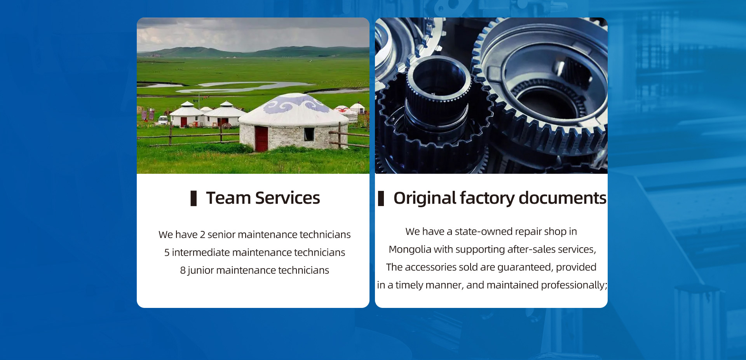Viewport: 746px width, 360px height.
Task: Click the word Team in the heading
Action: point(228,198)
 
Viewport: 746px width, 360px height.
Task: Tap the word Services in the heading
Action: point(288,198)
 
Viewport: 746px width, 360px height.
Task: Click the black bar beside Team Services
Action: point(193,198)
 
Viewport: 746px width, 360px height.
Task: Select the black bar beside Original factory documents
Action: point(381,198)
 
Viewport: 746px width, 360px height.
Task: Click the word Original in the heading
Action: point(425,198)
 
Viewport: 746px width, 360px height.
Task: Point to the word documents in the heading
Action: point(563,198)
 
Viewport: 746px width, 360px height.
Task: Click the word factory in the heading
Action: point(487,198)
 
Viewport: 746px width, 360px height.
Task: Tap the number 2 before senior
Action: point(202,234)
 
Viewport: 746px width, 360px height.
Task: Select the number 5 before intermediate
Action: point(167,252)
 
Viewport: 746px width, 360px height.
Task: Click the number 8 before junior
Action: point(183,270)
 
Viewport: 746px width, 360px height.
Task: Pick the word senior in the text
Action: point(221,235)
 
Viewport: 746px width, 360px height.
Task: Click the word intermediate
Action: point(201,252)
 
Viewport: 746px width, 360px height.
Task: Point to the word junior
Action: point(200,271)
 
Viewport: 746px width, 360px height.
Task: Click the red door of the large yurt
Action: point(261,139)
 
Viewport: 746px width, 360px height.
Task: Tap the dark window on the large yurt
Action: point(309,134)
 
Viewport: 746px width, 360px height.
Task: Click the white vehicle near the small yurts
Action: point(163,120)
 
